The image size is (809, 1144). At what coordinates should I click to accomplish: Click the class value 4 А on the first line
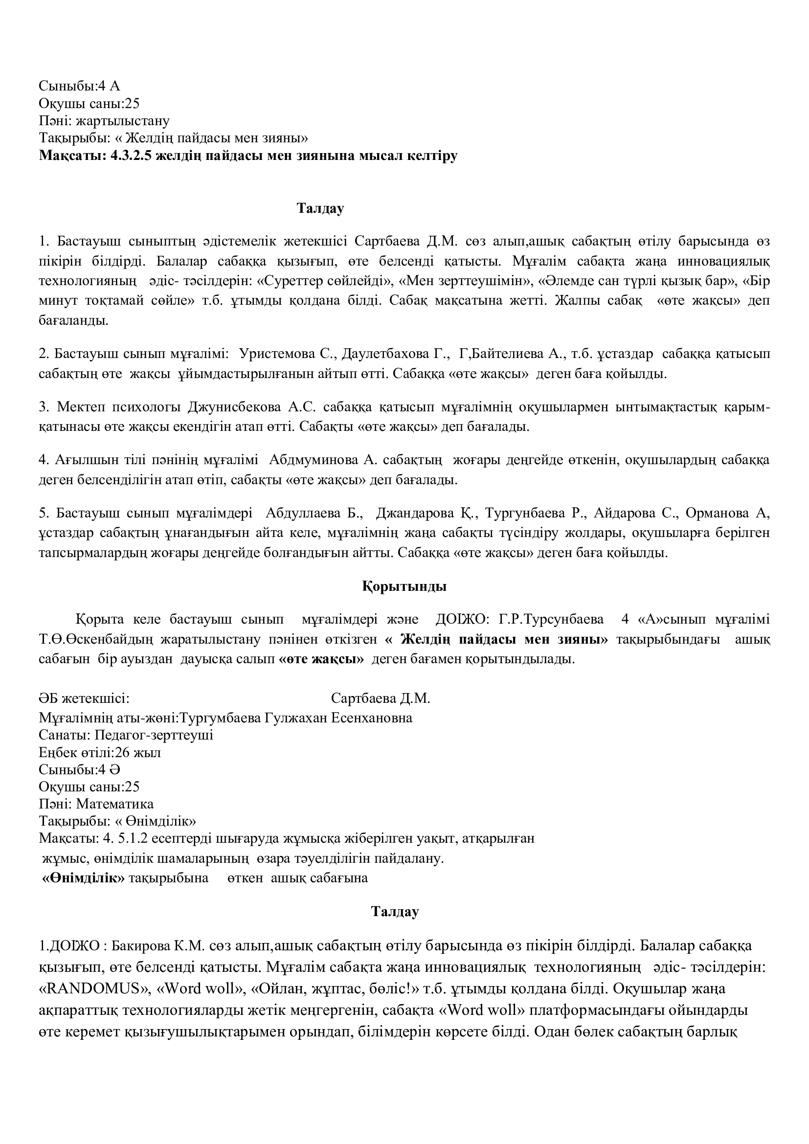tap(109, 86)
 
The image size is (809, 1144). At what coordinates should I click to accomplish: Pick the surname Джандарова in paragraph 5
tap(415, 513)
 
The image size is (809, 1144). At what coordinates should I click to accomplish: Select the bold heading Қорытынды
tap(404, 586)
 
